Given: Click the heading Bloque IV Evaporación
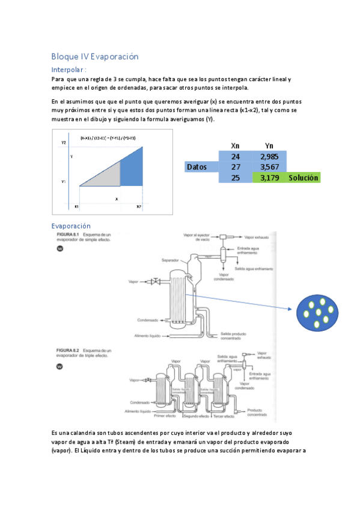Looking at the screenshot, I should [95, 57].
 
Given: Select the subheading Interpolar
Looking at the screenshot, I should [73, 70].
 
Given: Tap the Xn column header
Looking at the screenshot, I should [236, 145].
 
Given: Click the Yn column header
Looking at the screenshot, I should [269, 145].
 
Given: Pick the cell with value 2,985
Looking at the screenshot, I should [269, 156].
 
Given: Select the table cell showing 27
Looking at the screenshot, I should [236, 167].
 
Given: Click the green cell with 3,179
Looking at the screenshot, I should [269, 178].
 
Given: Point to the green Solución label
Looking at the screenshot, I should [304, 178].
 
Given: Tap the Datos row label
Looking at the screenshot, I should [200, 167].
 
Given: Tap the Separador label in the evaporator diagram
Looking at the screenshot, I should [170, 260].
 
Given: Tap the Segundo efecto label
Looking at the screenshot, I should [196, 416].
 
